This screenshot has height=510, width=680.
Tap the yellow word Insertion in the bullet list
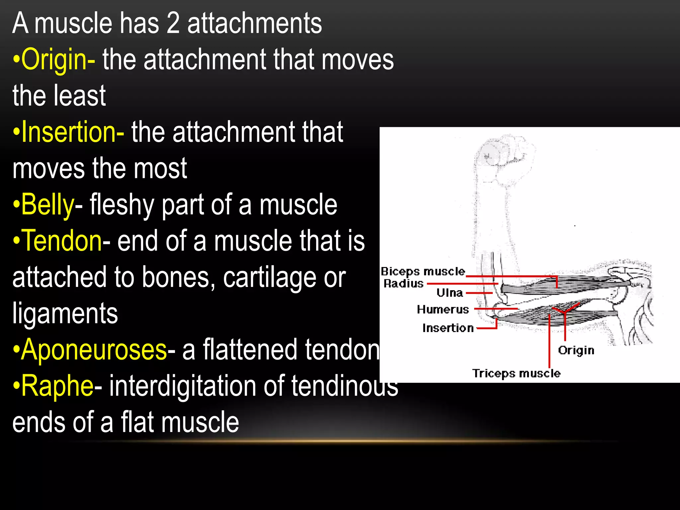click(68, 132)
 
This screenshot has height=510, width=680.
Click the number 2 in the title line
click(173, 23)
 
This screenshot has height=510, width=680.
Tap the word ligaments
click(65, 313)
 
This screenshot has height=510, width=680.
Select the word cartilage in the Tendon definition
click(269, 277)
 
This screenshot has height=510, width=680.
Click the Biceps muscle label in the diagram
click(423, 272)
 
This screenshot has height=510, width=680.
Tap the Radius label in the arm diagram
click(404, 284)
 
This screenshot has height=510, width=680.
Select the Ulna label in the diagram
click(450, 293)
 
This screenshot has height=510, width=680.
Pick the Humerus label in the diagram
click(443, 309)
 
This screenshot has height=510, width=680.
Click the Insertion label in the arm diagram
click(448, 328)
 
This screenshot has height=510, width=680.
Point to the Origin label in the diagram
click(576, 350)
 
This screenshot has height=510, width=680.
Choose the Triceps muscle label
click(516, 374)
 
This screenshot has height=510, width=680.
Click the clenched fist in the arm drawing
click(505, 156)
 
